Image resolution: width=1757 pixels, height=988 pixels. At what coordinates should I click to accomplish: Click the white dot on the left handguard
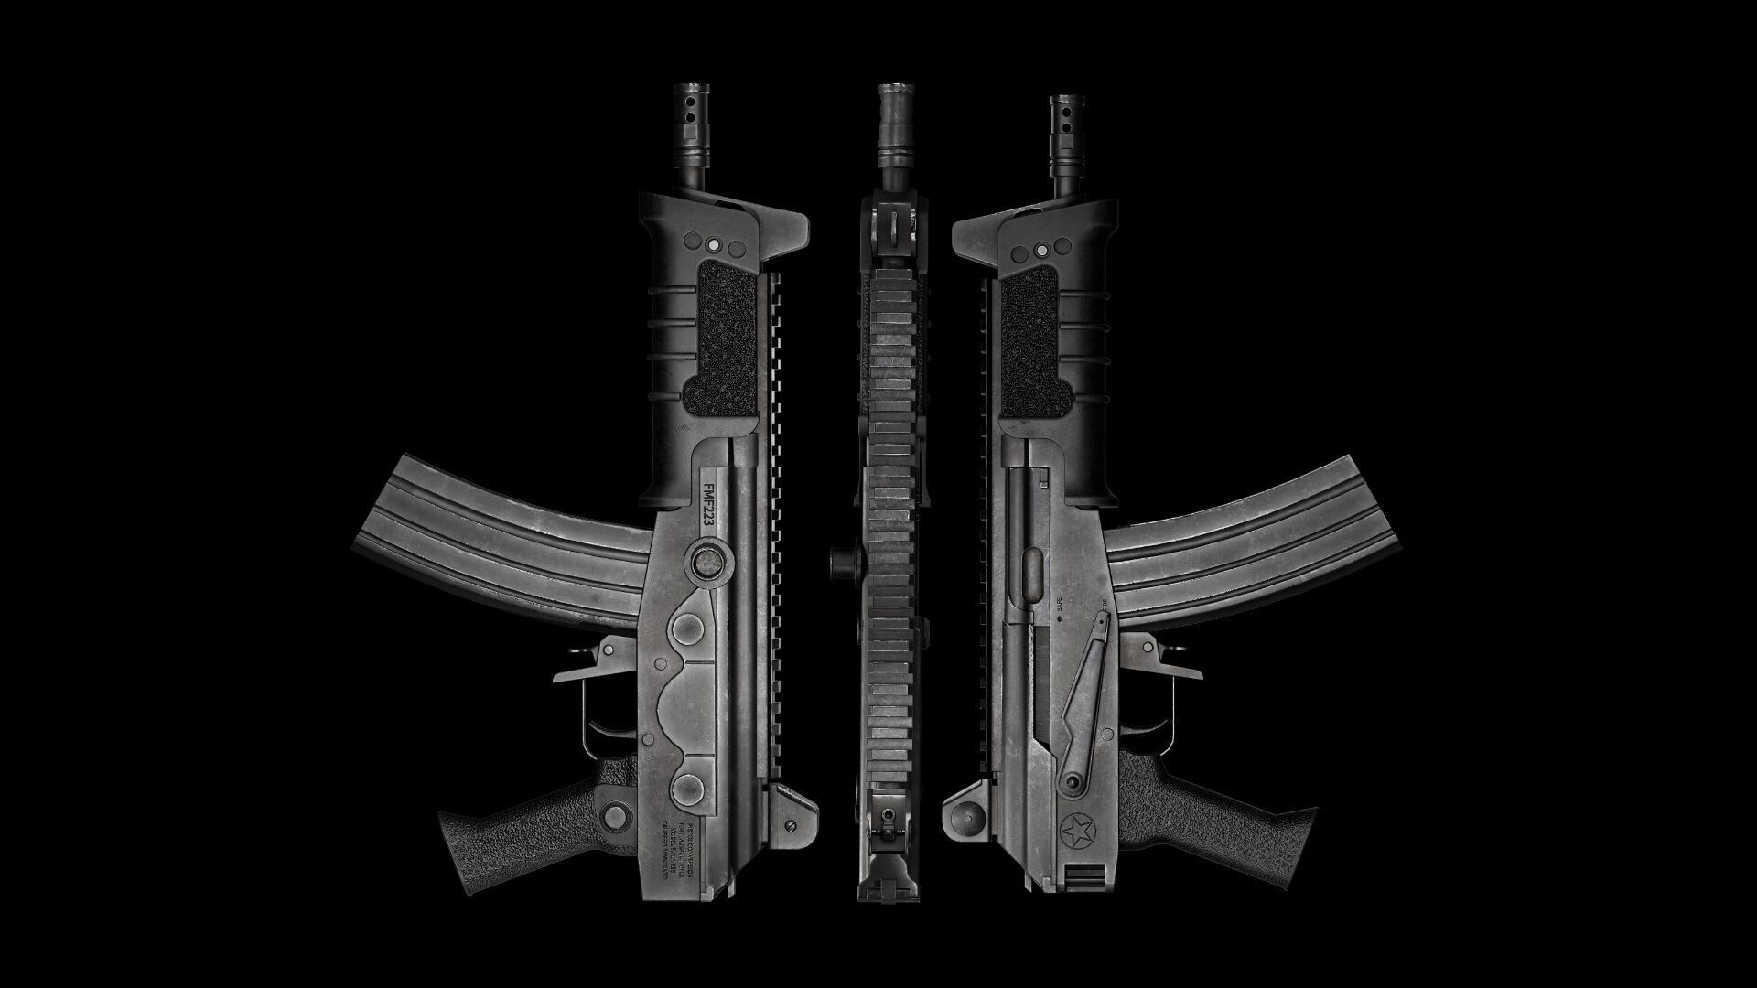[x=713, y=245]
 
